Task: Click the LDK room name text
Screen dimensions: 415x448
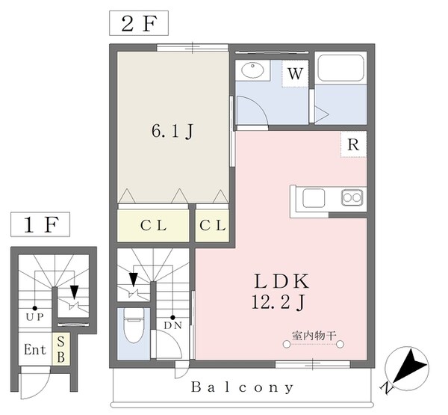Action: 282,283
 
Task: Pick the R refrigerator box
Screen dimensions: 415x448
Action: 354,144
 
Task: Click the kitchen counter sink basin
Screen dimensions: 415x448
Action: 311,197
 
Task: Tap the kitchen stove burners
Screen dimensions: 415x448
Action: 352,197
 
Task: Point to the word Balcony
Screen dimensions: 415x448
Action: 243,388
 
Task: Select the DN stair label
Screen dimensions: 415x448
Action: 172,325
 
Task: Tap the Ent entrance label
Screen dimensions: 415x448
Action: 34,350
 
